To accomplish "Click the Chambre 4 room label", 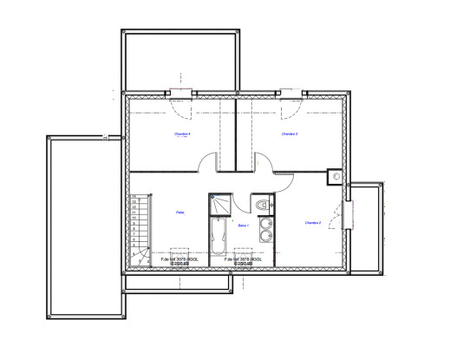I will click(x=182, y=134).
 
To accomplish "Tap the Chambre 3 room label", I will click(x=290, y=134).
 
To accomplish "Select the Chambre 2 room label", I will click(x=313, y=223).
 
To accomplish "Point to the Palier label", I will click(x=180, y=213).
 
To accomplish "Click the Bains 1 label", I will click(x=244, y=226).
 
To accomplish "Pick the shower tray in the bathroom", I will click(x=220, y=204).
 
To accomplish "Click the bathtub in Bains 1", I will click(x=219, y=239).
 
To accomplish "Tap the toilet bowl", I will click(x=262, y=205).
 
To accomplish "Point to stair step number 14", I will click(x=135, y=203).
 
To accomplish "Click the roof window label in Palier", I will click(x=180, y=260).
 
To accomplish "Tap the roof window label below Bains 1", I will click(x=243, y=260).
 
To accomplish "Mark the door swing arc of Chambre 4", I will click(x=208, y=161).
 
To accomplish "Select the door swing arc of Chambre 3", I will click(x=264, y=161).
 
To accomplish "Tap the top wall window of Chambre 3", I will click(x=292, y=93).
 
